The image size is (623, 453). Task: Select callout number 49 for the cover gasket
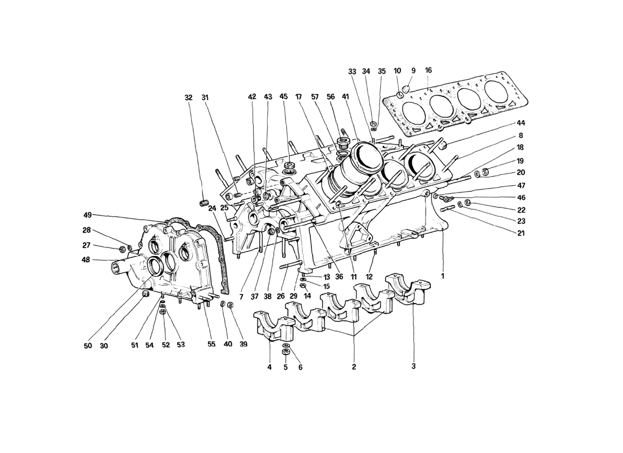coord(87,215)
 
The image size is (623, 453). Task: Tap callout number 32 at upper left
coord(189,97)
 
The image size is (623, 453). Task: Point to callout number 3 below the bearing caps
coord(413,366)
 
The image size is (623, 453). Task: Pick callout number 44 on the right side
coord(520,123)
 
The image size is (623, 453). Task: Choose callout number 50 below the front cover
coord(88,345)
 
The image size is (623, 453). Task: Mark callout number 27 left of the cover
coord(87,245)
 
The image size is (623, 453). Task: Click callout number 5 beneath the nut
coord(285,367)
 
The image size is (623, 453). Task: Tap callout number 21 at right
coord(520,233)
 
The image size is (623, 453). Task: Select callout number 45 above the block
coord(283,97)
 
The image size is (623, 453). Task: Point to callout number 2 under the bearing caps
coord(353,367)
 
